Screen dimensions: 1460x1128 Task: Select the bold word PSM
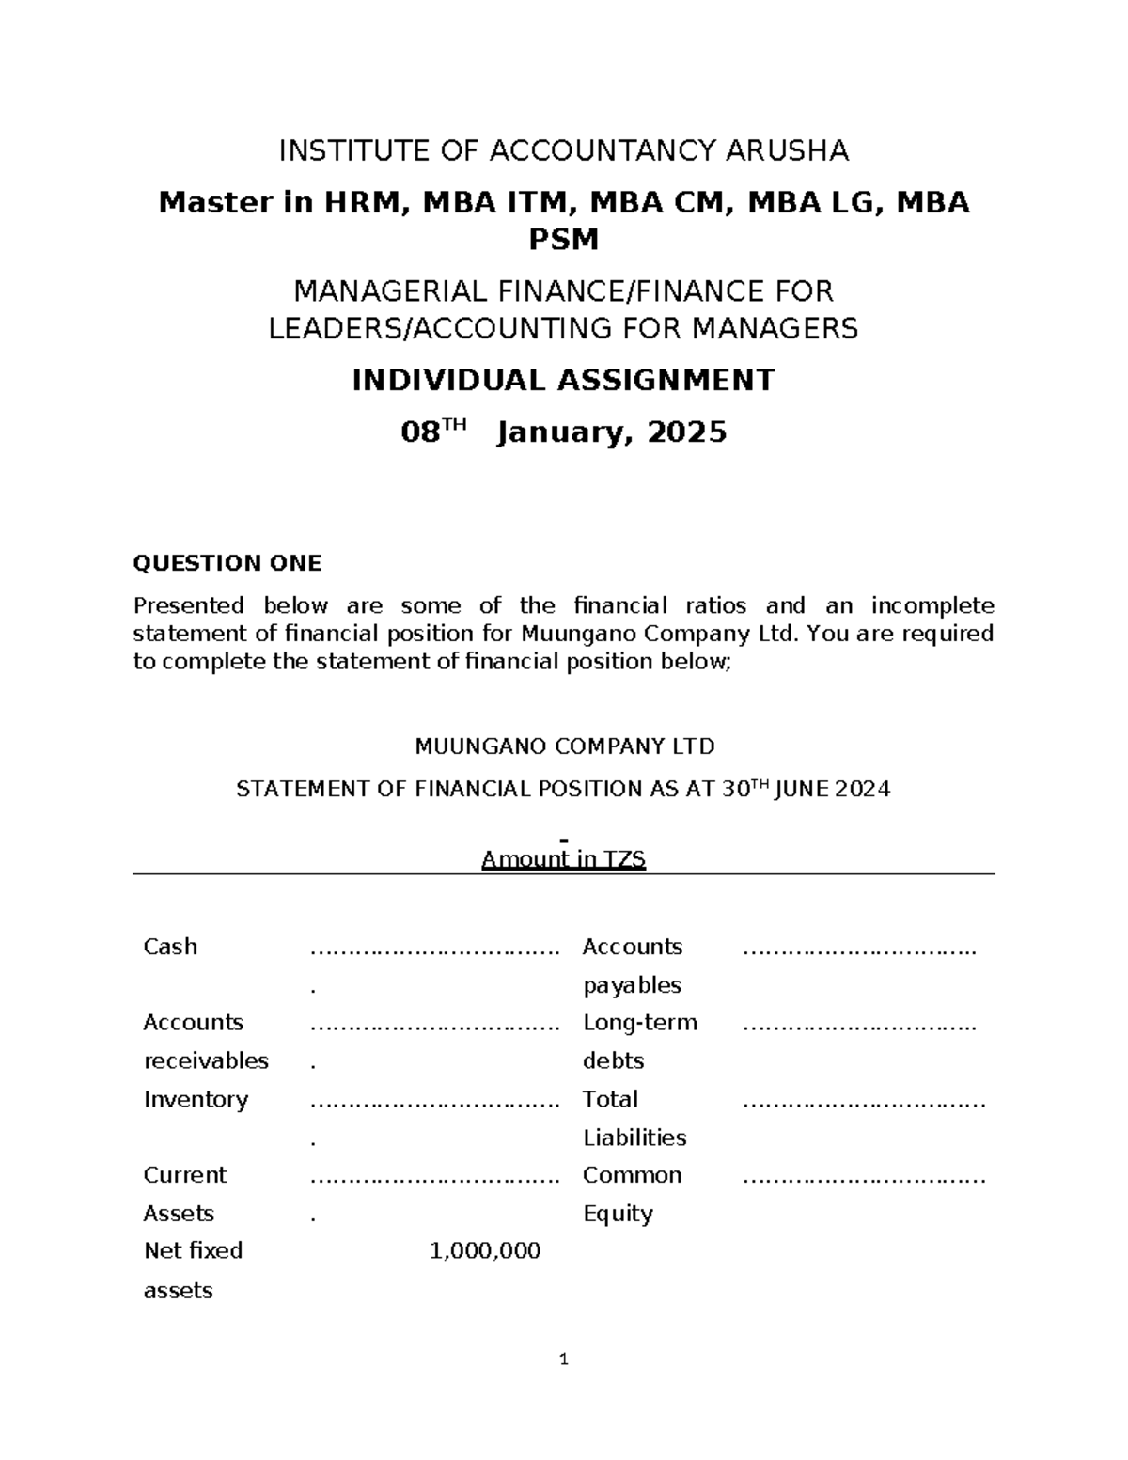(x=563, y=241)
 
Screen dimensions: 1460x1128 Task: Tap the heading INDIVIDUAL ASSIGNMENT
(x=563, y=381)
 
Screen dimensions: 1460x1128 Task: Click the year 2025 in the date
(x=687, y=432)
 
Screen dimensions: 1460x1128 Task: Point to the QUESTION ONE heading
(x=227, y=563)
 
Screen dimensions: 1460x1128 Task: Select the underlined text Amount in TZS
(x=563, y=858)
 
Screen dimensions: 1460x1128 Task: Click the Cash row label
(x=170, y=947)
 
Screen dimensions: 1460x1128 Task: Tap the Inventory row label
(x=196, y=1099)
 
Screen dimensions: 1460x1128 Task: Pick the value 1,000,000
(x=485, y=1250)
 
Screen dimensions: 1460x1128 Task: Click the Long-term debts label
(x=640, y=1042)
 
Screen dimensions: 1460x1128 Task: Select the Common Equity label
(x=632, y=1194)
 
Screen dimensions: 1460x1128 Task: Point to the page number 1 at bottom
(x=563, y=1358)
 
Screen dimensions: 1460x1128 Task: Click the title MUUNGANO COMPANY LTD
(x=565, y=747)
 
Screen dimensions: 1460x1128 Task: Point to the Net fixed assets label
(x=193, y=1269)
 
